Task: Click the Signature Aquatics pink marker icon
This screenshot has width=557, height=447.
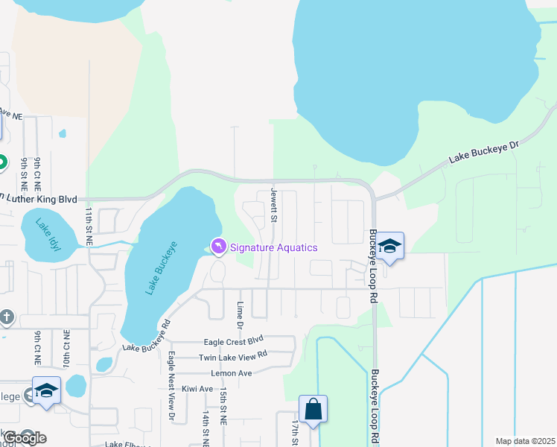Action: click(218, 247)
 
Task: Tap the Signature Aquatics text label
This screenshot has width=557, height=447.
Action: click(273, 247)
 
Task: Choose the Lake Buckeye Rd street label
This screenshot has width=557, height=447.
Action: click(147, 337)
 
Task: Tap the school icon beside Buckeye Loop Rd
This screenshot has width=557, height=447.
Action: click(389, 247)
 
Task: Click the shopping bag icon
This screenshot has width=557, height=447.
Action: click(313, 409)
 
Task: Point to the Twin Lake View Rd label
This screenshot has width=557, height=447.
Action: click(232, 357)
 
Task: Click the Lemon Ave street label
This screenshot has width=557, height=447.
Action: click(231, 372)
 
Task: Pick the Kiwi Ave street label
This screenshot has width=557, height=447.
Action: click(196, 388)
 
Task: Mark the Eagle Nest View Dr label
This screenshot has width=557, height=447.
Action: click(171, 387)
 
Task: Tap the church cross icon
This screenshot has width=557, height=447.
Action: click(7, 317)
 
